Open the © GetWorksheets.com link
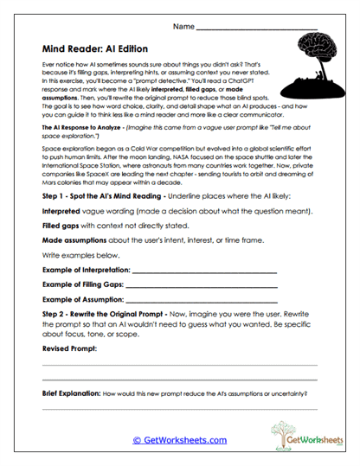point(179,440)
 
